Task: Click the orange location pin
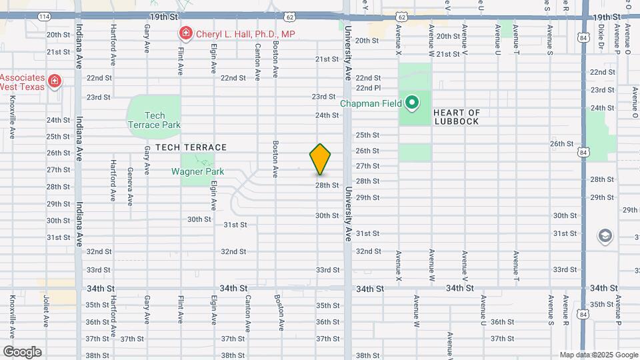pyautogui.click(x=320, y=159)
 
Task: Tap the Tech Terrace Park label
pyautogui.click(x=153, y=120)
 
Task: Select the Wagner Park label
pyautogui.click(x=197, y=171)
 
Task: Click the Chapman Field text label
pyautogui.click(x=372, y=103)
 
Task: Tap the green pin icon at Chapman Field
pyautogui.click(x=412, y=103)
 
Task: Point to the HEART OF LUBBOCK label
pyautogui.click(x=457, y=117)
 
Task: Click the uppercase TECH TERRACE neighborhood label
pyautogui.click(x=191, y=147)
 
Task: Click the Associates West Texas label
pyautogui.click(x=22, y=82)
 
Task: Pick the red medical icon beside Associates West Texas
pyautogui.click(x=55, y=83)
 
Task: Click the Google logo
pyautogui.click(x=22, y=352)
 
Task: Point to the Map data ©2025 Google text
pyautogui.click(x=599, y=355)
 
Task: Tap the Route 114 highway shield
pyautogui.click(x=44, y=15)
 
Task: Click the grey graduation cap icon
pyautogui.click(x=605, y=235)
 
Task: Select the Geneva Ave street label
pyautogui.click(x=130, y=187)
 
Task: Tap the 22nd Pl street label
pyautogui.click(x=368, y=88)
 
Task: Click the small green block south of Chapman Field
pyautogui.click(x=415, y=152)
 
